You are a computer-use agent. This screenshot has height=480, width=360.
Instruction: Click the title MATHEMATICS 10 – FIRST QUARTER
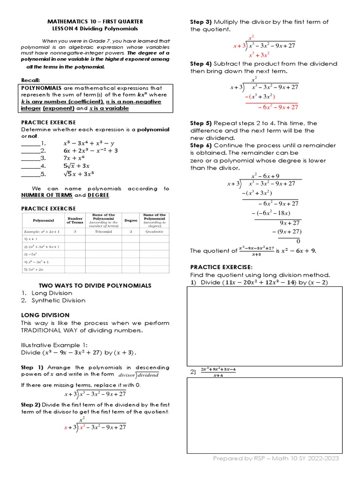tap(95, 22)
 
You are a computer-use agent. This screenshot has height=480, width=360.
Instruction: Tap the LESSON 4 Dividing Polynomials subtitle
tap(95, 28)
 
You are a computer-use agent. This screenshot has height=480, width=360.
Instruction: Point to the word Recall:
tap(31, 80)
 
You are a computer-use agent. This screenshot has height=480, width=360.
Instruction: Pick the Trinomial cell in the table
tap(103, 232)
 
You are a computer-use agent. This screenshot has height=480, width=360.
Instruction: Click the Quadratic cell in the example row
tap(154, 232)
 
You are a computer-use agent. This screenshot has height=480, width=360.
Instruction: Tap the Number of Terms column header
tap(75, 220)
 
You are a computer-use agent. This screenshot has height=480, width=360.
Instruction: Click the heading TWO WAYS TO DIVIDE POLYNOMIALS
tap(95, 285)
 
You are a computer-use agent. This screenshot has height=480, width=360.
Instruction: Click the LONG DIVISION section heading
tap(45, 315)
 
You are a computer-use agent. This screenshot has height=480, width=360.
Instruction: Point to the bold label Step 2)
tap(32, 405)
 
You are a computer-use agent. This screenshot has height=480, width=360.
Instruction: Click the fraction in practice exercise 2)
tap(217, 372)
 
